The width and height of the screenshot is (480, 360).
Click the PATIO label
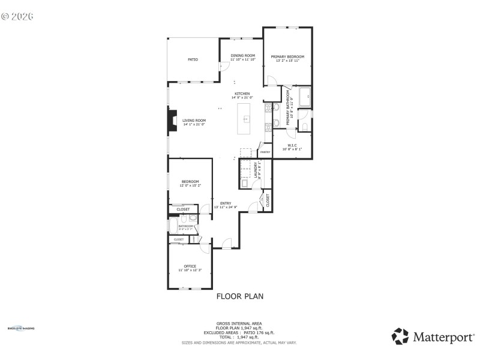193,59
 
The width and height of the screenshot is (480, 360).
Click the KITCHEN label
242,94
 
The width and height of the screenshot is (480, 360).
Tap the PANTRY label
265,152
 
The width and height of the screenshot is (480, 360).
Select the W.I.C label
292,145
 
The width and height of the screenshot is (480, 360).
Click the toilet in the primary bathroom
304,125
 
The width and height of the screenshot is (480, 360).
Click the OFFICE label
190,266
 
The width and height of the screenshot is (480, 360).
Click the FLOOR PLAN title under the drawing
239,296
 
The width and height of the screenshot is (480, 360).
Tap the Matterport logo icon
400,336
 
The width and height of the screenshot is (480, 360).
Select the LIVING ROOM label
194,121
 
